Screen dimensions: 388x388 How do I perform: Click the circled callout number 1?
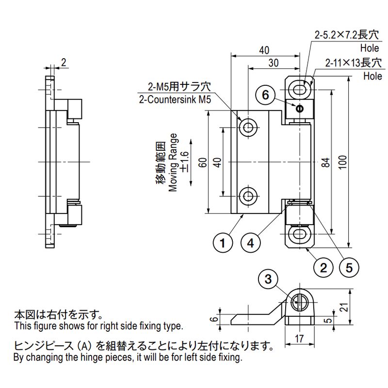pyautogui.click(x=223, y=243)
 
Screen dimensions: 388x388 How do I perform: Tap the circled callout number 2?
pyautogui.click(x=323, y=268)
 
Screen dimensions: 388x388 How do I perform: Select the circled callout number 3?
pyautogui.click(x=268, y=279)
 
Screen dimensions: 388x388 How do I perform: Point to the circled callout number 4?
pyautogui.click(x=250, y=243)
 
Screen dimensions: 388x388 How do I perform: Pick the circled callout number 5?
pyautogui.click(x=349, y=268)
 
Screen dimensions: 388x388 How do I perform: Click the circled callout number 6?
pyautogui.click(x=265, y=95)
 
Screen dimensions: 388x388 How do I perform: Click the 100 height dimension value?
pyautogui.click(x=343, y=162)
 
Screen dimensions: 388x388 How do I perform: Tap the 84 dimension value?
pyautogui.click(x=326, y=162)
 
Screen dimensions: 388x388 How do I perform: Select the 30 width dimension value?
pyautogui.click(x=274, y=63)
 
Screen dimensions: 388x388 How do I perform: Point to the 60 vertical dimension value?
pyautogui.click(x=203, y=162)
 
